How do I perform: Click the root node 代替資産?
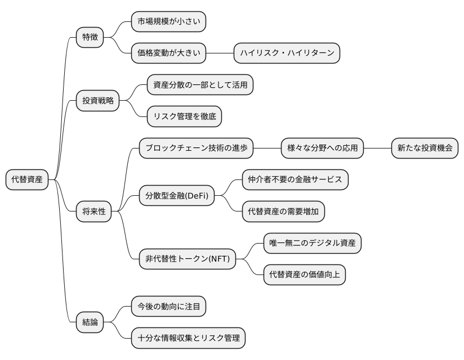pyautogui.click(x=26, y=179)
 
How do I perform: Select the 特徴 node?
pyautogui.click(x=90, y=38)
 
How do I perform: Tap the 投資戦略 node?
pyautogui.click(x=98, y=101)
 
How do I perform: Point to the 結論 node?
pyautogui.click(x=90, y=322)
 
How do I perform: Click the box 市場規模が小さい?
pyautogui.click(x=168, y=22)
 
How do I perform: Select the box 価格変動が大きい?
pyautogui.click(x=168, y=53)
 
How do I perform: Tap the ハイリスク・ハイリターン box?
pyautogui.click(x=287, y=53)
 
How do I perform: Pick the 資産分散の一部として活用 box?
pyautogui.click(x=200, y=85)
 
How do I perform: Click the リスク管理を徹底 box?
pyautogui.click(x=184, y=117)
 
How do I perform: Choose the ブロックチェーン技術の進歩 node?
pyautogui.click(x=196, y=148)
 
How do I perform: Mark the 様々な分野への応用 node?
pyautogui.click(x=323, y=148)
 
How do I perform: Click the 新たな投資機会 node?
pyautogui.click(x=425, y=148)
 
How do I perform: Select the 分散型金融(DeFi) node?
pyautogui.click(x=176, y=196)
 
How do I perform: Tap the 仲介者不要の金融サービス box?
pyautogui.click(x=295, y=180)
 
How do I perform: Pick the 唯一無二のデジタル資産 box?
pyautogui.click(x=313, y=243)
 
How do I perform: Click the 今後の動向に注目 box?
pyautogui.click(x=168, y=307)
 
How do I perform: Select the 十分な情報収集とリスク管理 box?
pyautogui.click(x=188, y=338)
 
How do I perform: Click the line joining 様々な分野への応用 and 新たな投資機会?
pyautogui.click(x=378, y=148)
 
